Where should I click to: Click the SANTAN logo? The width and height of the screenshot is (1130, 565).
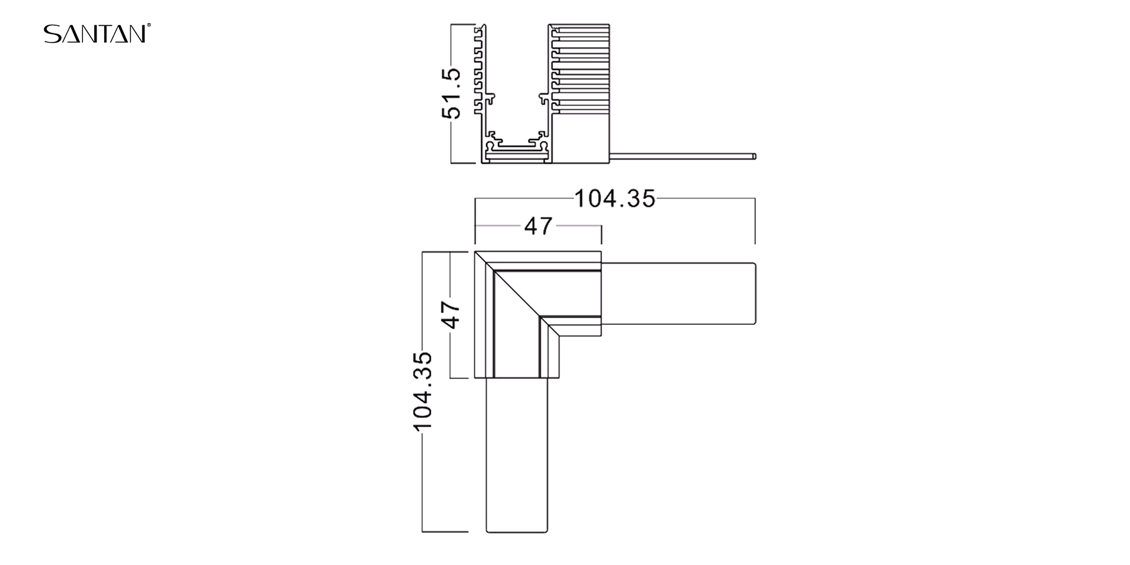click(x=94, y=34)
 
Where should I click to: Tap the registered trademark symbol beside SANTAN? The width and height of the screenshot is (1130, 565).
click(x=149, y=25)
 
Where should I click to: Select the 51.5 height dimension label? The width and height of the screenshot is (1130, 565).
click(x=453, y=93)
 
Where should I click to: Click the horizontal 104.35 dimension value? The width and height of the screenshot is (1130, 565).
click(x=614, y=199)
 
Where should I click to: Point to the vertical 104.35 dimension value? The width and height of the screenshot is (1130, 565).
click(x=423, y=391)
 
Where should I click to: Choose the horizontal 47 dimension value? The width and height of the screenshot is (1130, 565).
click(x=539, y=226)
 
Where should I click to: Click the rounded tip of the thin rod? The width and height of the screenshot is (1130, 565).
click(x=754, y=157)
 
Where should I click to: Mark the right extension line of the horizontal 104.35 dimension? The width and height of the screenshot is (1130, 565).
click(x=755, y=221)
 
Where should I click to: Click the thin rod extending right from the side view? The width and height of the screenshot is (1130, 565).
click(x=683, y=157)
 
